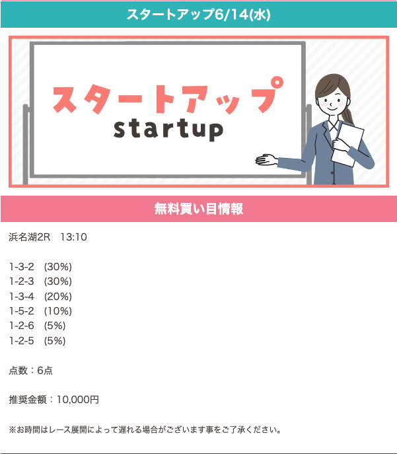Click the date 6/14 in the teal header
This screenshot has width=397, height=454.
pos(232,15)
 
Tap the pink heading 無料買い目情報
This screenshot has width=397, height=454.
pos(198,209)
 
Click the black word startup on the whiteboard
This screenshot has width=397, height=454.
pos(168,130)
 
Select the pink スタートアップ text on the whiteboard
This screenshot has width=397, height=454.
pos(168,96)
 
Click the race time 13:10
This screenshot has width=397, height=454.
pos(73,237)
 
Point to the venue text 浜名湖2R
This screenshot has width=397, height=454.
pos(30,237)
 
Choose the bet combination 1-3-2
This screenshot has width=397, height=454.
pos(22,267)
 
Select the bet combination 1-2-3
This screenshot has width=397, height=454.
pos(22,282)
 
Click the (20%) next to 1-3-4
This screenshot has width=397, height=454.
pos(58,297)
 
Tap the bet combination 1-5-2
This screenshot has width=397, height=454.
pos(22,311)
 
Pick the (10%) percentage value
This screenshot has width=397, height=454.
pos(58,311)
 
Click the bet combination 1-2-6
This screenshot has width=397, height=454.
pos(22,326)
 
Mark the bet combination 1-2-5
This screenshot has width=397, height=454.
pos(22,341)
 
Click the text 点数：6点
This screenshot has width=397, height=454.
pos(30,371)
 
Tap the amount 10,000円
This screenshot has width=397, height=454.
pos(77,400)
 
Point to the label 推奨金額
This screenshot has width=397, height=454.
pos(28,400)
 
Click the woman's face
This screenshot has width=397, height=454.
pos(332,100)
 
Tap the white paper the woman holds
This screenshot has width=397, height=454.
pos(347,144)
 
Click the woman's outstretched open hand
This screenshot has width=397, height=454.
pos(266,159)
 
